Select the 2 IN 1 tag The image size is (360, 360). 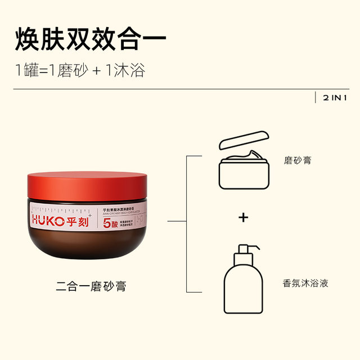point(335,97)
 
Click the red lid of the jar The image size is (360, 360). point(87,186)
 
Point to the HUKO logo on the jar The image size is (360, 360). point(49,220)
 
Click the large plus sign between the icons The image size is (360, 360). point(243,217)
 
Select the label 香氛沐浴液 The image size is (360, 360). point(305,283)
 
